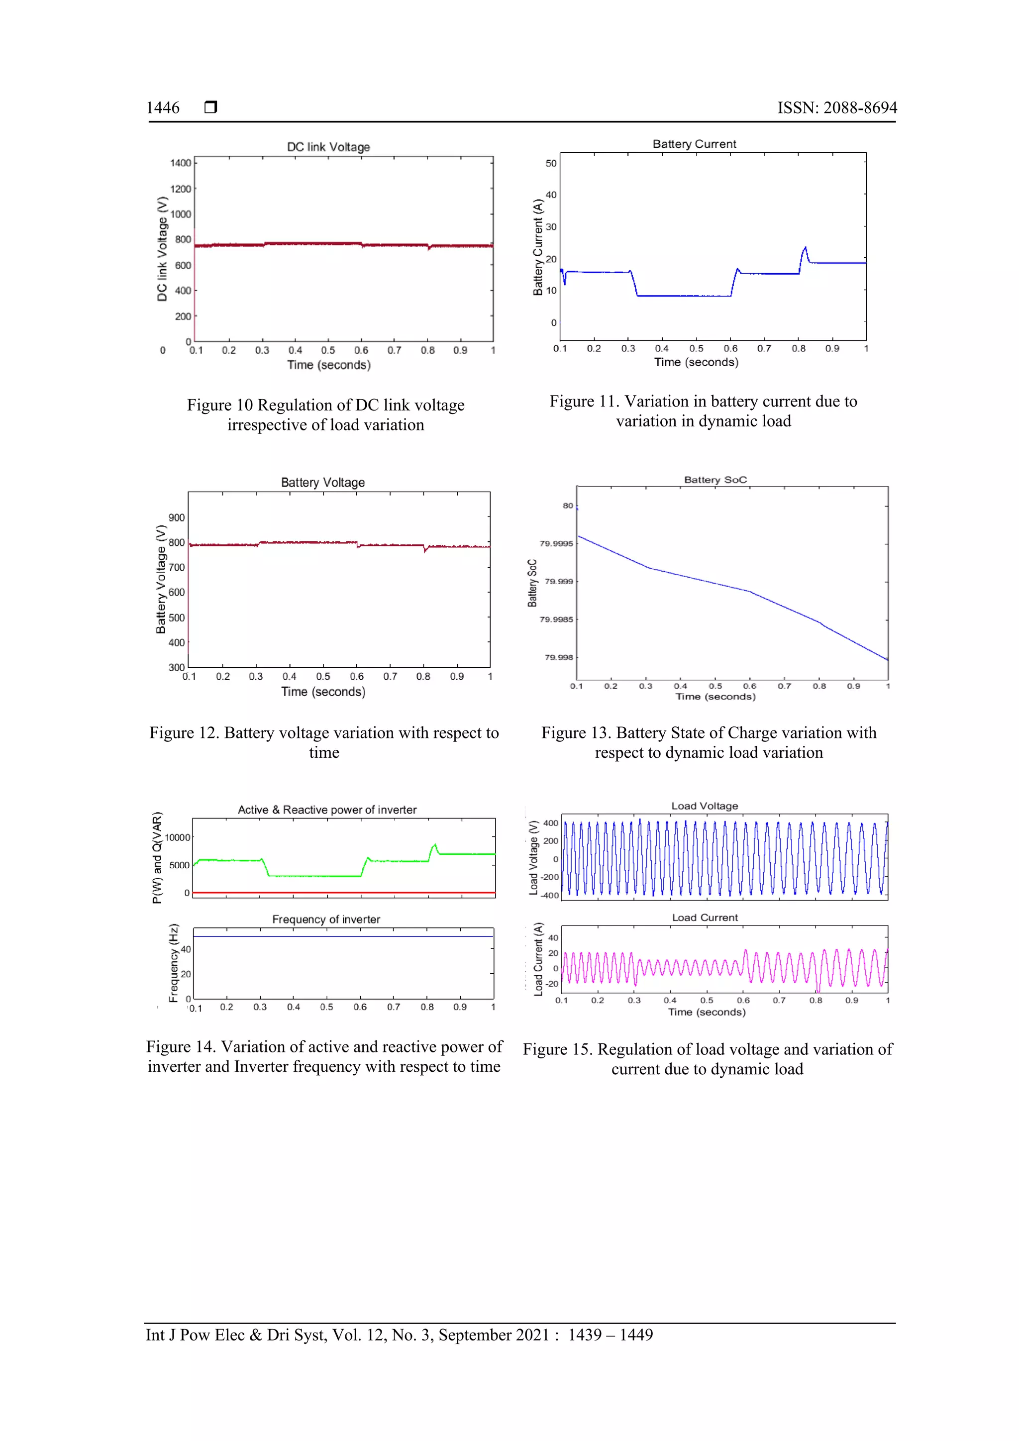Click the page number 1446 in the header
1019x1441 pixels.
tap(163, 108)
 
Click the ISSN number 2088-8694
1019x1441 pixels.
tap(860, 108)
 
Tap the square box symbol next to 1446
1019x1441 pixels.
tap(211, 107)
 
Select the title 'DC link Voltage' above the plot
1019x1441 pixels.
tap(328, 147)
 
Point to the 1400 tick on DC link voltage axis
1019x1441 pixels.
tap(181, 163)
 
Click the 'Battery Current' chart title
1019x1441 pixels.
tap(694, 144)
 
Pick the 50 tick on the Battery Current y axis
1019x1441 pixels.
tap(551, 163)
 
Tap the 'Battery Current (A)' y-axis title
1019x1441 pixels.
tap(538, 247)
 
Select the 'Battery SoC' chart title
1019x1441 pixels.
tap(715, 480)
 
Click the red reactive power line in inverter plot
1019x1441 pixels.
tap(344, 892)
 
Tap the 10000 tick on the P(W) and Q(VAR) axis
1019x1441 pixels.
tap(177, 837)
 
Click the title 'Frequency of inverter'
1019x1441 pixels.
tap(326, 919)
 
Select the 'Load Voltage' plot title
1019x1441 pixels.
tap(705, 806)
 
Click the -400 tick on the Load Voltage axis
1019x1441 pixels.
tap(550, 895)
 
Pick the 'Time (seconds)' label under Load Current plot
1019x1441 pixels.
tap(707, 1012)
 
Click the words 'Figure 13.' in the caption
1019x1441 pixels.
tap(576, 733)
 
